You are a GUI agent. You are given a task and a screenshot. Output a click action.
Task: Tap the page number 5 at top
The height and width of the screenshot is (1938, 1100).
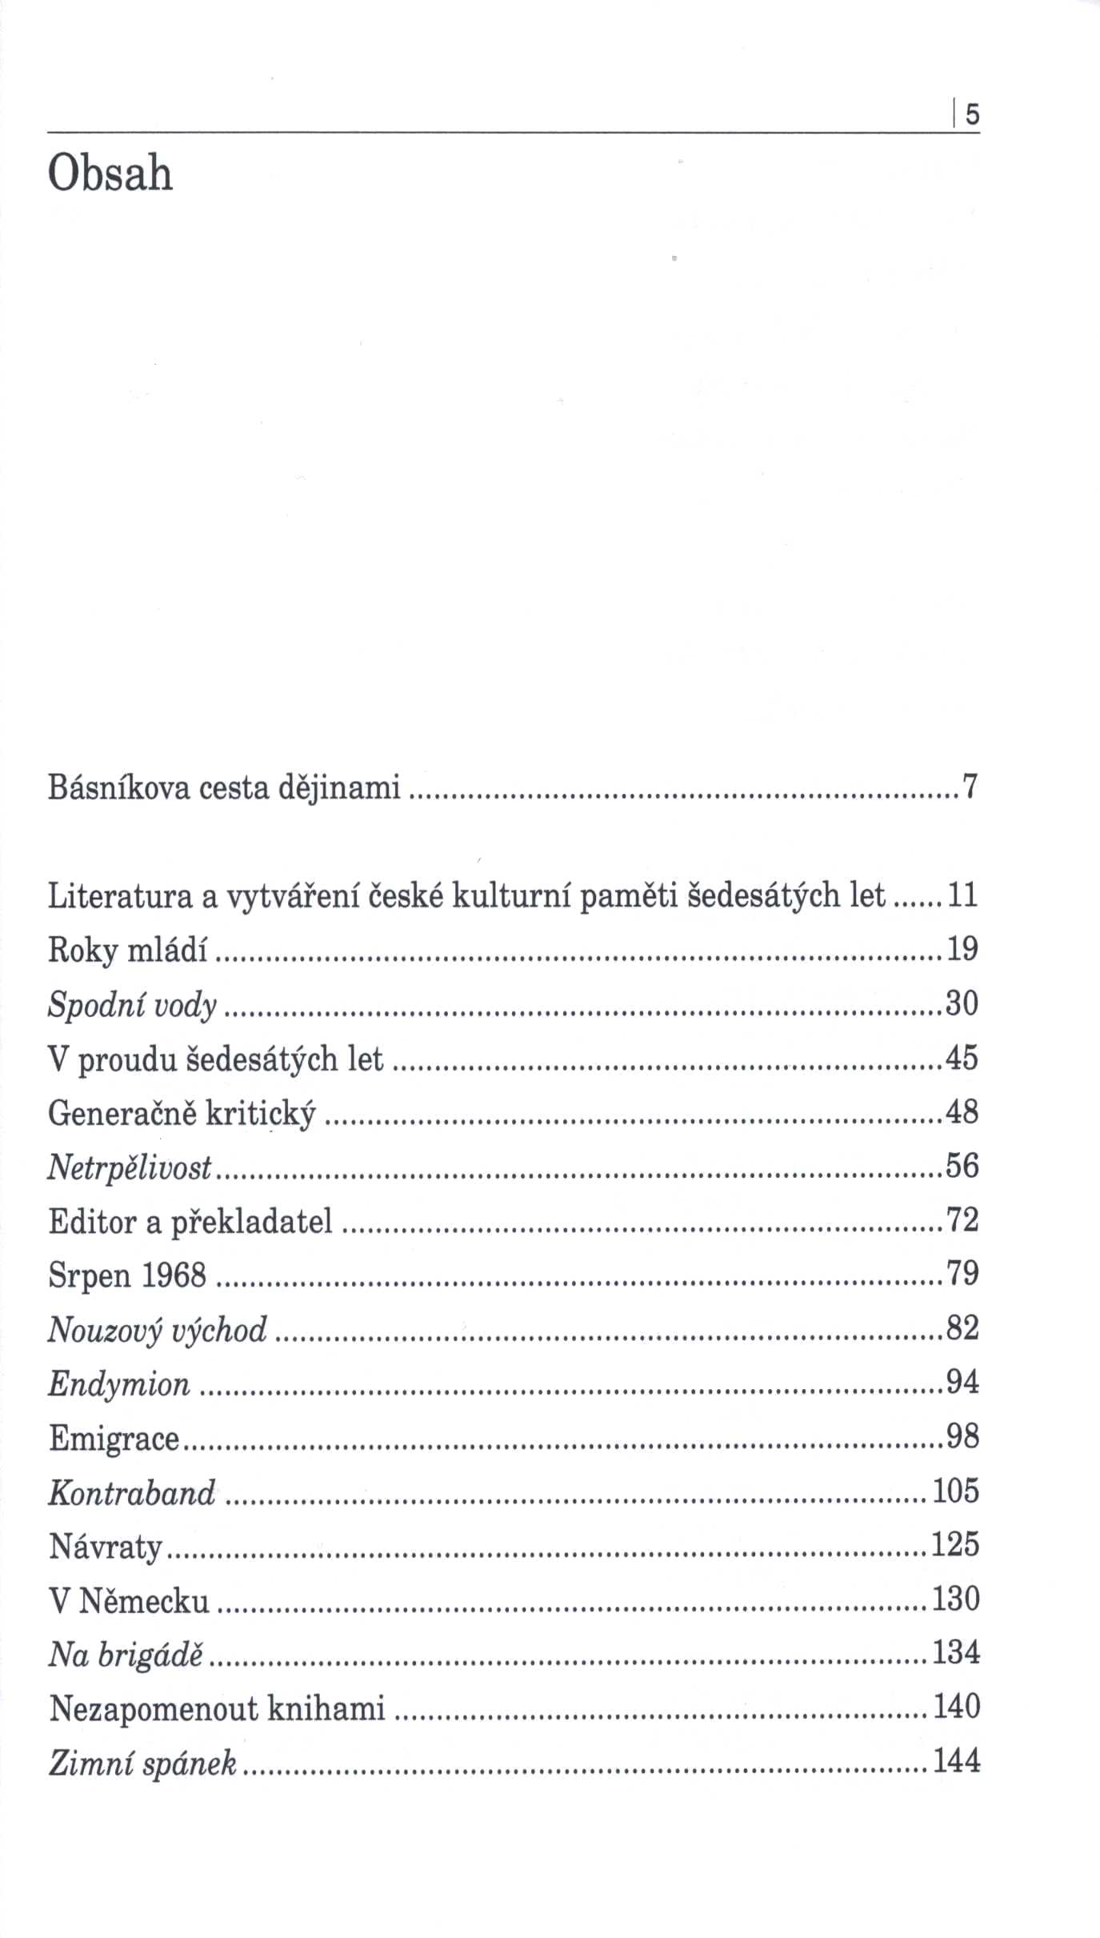971,116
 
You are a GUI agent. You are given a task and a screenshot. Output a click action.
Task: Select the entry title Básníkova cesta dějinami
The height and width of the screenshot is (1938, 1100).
224,789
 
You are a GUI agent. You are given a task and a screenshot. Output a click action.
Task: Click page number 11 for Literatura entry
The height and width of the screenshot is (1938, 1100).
962,895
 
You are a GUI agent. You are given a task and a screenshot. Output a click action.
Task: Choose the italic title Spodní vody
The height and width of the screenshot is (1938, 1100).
133,1004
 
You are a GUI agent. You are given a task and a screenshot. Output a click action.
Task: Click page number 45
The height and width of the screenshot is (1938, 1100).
962,1058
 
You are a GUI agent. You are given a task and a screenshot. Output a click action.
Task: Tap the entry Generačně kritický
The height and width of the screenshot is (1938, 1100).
182,1112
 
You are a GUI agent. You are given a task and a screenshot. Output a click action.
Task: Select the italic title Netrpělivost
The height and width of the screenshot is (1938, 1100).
130,1167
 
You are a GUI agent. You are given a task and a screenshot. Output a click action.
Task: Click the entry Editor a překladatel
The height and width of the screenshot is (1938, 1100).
190,1221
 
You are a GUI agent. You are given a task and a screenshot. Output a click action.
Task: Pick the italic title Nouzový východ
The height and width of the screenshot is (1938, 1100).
158,1329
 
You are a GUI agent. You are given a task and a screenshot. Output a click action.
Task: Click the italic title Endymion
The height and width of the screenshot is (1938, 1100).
119,1383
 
